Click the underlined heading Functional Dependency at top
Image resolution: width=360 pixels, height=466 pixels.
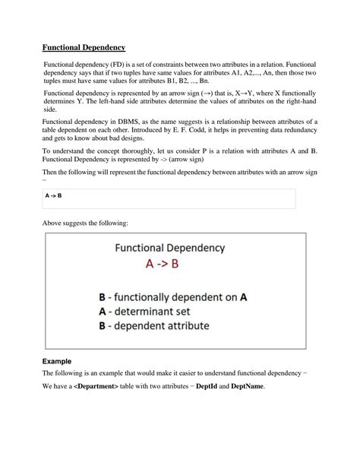[84, 47]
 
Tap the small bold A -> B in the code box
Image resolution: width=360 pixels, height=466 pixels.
[54, 196]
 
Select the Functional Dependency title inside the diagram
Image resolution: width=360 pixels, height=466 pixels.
[169, 247]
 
